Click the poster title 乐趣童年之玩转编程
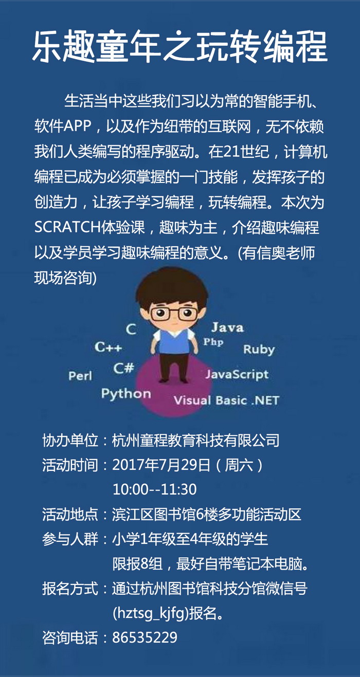coord(180,47)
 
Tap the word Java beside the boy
coord(227,327)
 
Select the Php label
coord(213,342)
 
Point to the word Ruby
coord(259,350)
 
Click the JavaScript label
coord(237,374)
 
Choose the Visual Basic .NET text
coord(226,400)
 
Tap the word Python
coord(126,394)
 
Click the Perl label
coord(80,376)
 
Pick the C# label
coord(123,368)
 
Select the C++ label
coord(108,347)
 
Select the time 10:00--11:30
coord(154,489)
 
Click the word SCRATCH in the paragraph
coord(67,227)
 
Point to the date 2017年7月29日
coord(161,465)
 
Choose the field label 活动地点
coord(70,514)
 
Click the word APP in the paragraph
coord(77,126)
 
